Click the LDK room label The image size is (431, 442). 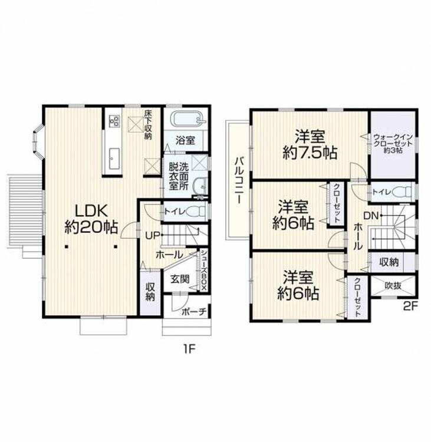tap(91, 219)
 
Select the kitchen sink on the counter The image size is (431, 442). tap(114, 159)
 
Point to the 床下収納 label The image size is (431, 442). tap(148, 124)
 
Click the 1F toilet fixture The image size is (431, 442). tap(196, 211)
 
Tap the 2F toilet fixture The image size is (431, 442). tap(403, 192)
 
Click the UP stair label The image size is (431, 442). tap(153, 235)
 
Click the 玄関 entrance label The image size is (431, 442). tap(180, 279)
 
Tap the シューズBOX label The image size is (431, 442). tap(203, 271)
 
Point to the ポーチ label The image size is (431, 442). tap(195, 312)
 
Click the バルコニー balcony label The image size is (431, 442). tap(238, 180)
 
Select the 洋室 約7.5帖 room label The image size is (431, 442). tap(310, 144)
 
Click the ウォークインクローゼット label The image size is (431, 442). tap(393, 143)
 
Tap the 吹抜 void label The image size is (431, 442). tap(393, 286)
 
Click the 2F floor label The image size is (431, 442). tap(410, 306)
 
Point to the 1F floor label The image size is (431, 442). tap(189, 349)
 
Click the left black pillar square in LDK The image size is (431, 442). tap(66, 247)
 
